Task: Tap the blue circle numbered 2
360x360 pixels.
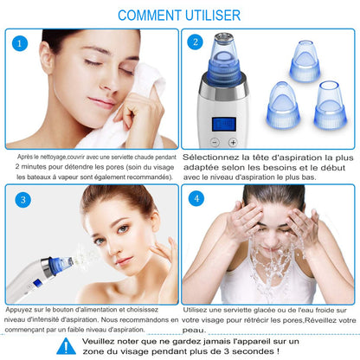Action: tap(196, 41)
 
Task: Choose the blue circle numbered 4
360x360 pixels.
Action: tap(196, 198)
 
